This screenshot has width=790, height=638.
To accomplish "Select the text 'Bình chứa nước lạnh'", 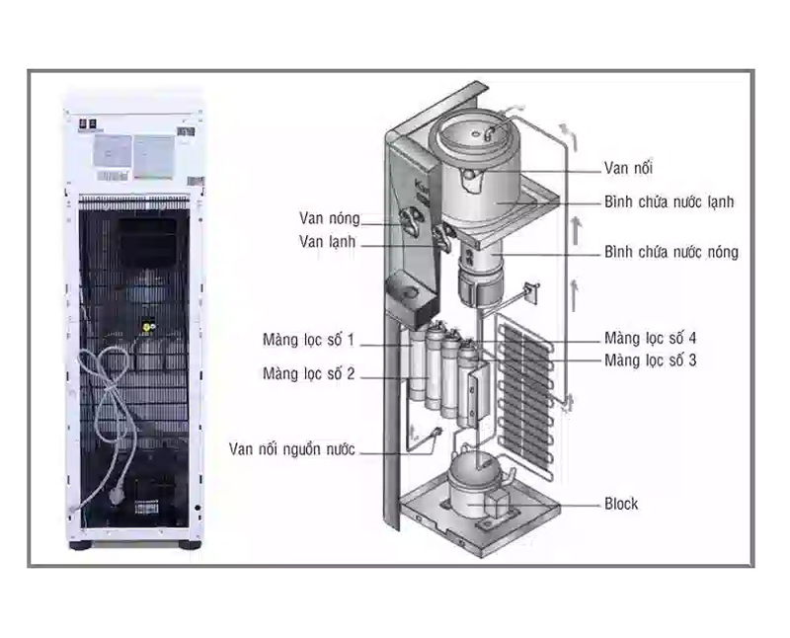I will [669, 201].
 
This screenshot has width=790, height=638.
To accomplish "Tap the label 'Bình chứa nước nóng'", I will [671, 252].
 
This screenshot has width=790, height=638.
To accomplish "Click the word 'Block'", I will [621, 504].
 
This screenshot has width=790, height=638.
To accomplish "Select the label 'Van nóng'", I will [330, 218].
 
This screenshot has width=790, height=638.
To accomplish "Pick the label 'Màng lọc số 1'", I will [309, 341].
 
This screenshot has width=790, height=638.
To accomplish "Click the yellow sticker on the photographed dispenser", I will [149, 322].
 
